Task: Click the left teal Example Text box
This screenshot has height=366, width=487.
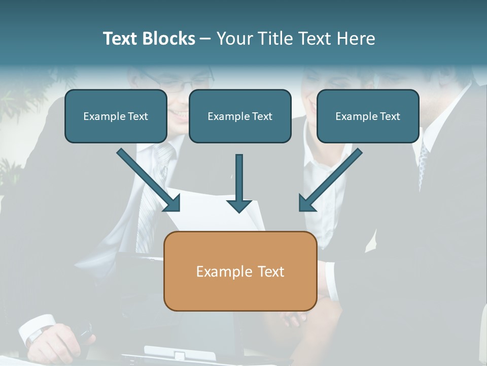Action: point(116,116)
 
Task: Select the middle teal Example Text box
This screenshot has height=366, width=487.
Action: point(240,116)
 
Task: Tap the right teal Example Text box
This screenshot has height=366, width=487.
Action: point(368,116)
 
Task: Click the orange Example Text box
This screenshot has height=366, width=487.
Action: point(240,271)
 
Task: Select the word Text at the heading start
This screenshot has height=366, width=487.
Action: point(122,39)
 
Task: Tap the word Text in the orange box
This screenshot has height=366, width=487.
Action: point(270,271)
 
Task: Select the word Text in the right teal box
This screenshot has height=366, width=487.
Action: point(390,116)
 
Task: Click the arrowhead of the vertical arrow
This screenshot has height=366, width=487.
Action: point(239,206)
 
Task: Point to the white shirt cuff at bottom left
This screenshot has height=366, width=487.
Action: point(38,328)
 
